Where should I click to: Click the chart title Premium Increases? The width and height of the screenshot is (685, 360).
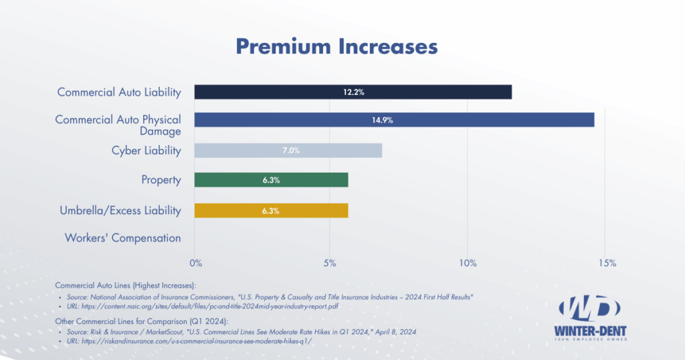336,46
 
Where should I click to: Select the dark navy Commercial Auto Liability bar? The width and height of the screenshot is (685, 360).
353,92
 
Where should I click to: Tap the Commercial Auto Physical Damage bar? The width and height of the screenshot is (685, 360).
394,120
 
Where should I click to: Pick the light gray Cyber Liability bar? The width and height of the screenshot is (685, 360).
288,150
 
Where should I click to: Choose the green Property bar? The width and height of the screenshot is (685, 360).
271,179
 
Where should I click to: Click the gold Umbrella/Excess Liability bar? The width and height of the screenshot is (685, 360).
271,210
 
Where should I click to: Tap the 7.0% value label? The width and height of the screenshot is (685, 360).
289,150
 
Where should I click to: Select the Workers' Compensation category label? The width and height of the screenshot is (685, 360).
122,238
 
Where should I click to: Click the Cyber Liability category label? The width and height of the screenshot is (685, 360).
146,151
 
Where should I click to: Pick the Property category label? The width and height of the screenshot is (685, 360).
161,179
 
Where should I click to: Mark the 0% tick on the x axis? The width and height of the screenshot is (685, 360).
196,263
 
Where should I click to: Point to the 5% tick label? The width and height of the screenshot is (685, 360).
330,263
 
